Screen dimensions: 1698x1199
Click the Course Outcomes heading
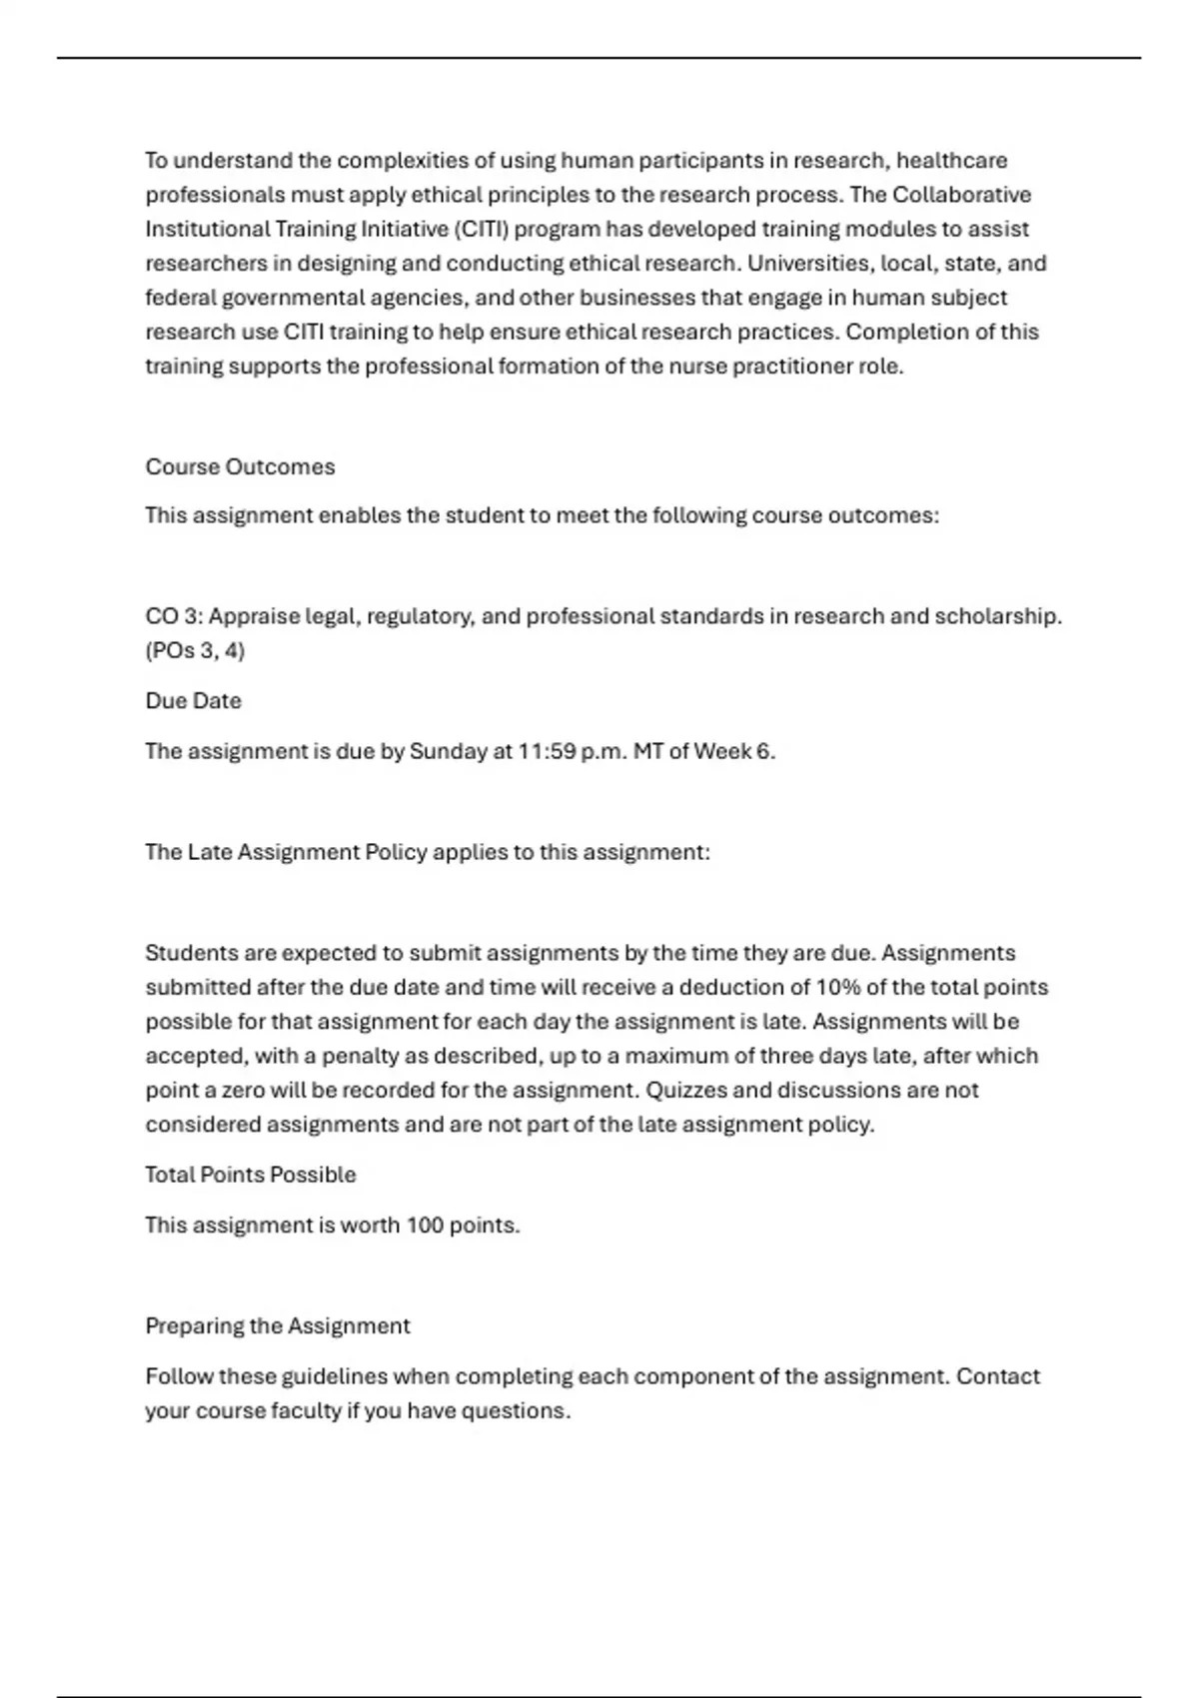coord(240,466)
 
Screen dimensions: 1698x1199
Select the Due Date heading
coord(193,700)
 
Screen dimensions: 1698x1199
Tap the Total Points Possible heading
coord(250,1174)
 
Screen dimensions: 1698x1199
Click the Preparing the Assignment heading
coord(277,1325)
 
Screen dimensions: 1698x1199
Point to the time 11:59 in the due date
coord(547,751)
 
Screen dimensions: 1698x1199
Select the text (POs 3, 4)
coord(195,650)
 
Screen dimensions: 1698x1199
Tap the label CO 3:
coord(174,616)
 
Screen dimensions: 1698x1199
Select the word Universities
coord(807,263)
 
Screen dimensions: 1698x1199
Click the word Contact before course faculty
coord(997,1376)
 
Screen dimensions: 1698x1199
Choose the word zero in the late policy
coord(244,1090)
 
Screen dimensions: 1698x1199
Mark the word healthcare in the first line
coord(951,160)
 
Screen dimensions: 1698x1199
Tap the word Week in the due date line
coord(722,751)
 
